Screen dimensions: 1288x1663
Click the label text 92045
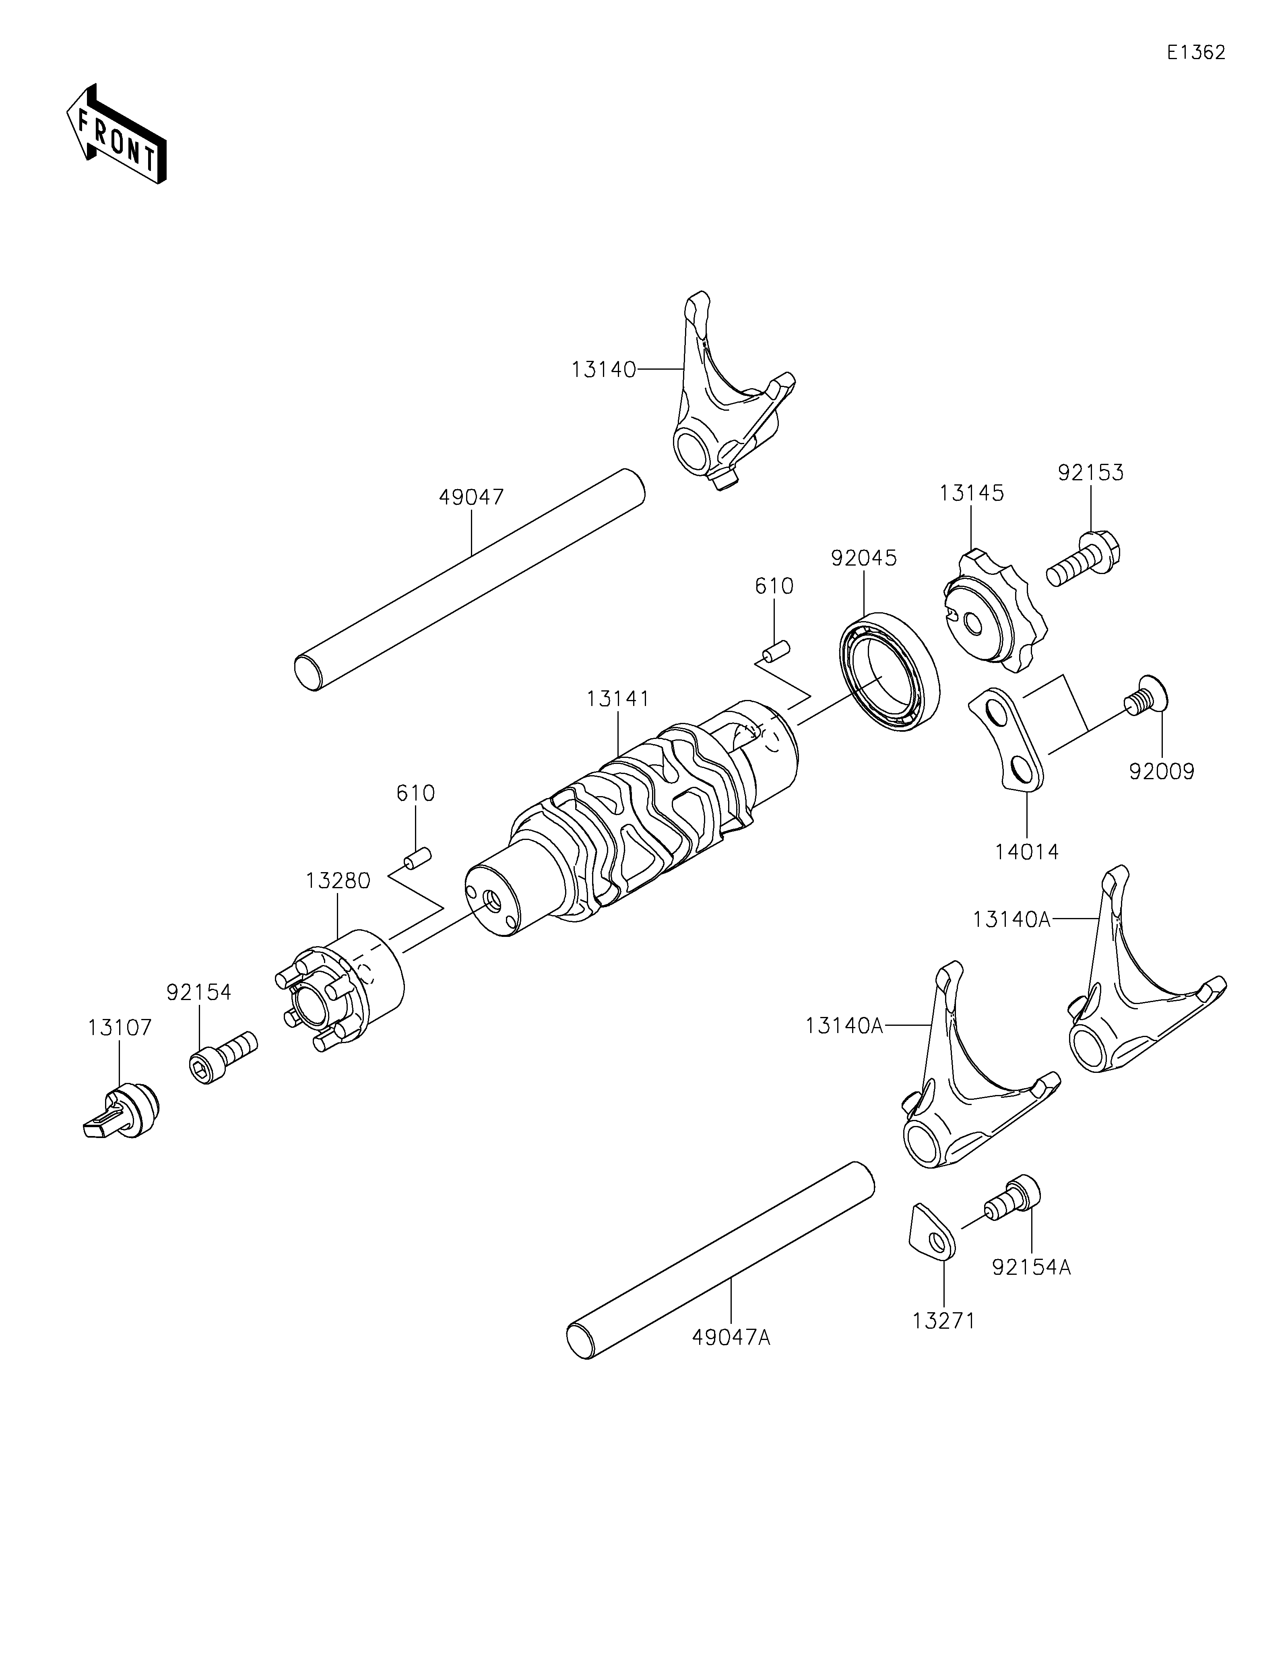coord(864,558)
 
